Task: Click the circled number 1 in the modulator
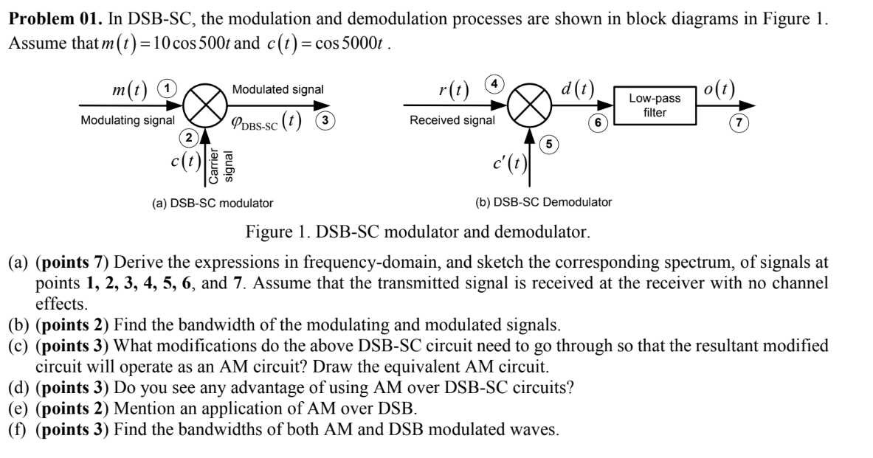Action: point(169,89)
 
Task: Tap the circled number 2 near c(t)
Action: point(190,136)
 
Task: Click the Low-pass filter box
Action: point(655,105)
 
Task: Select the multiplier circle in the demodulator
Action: point(530,106)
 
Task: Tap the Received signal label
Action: point(452,120)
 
